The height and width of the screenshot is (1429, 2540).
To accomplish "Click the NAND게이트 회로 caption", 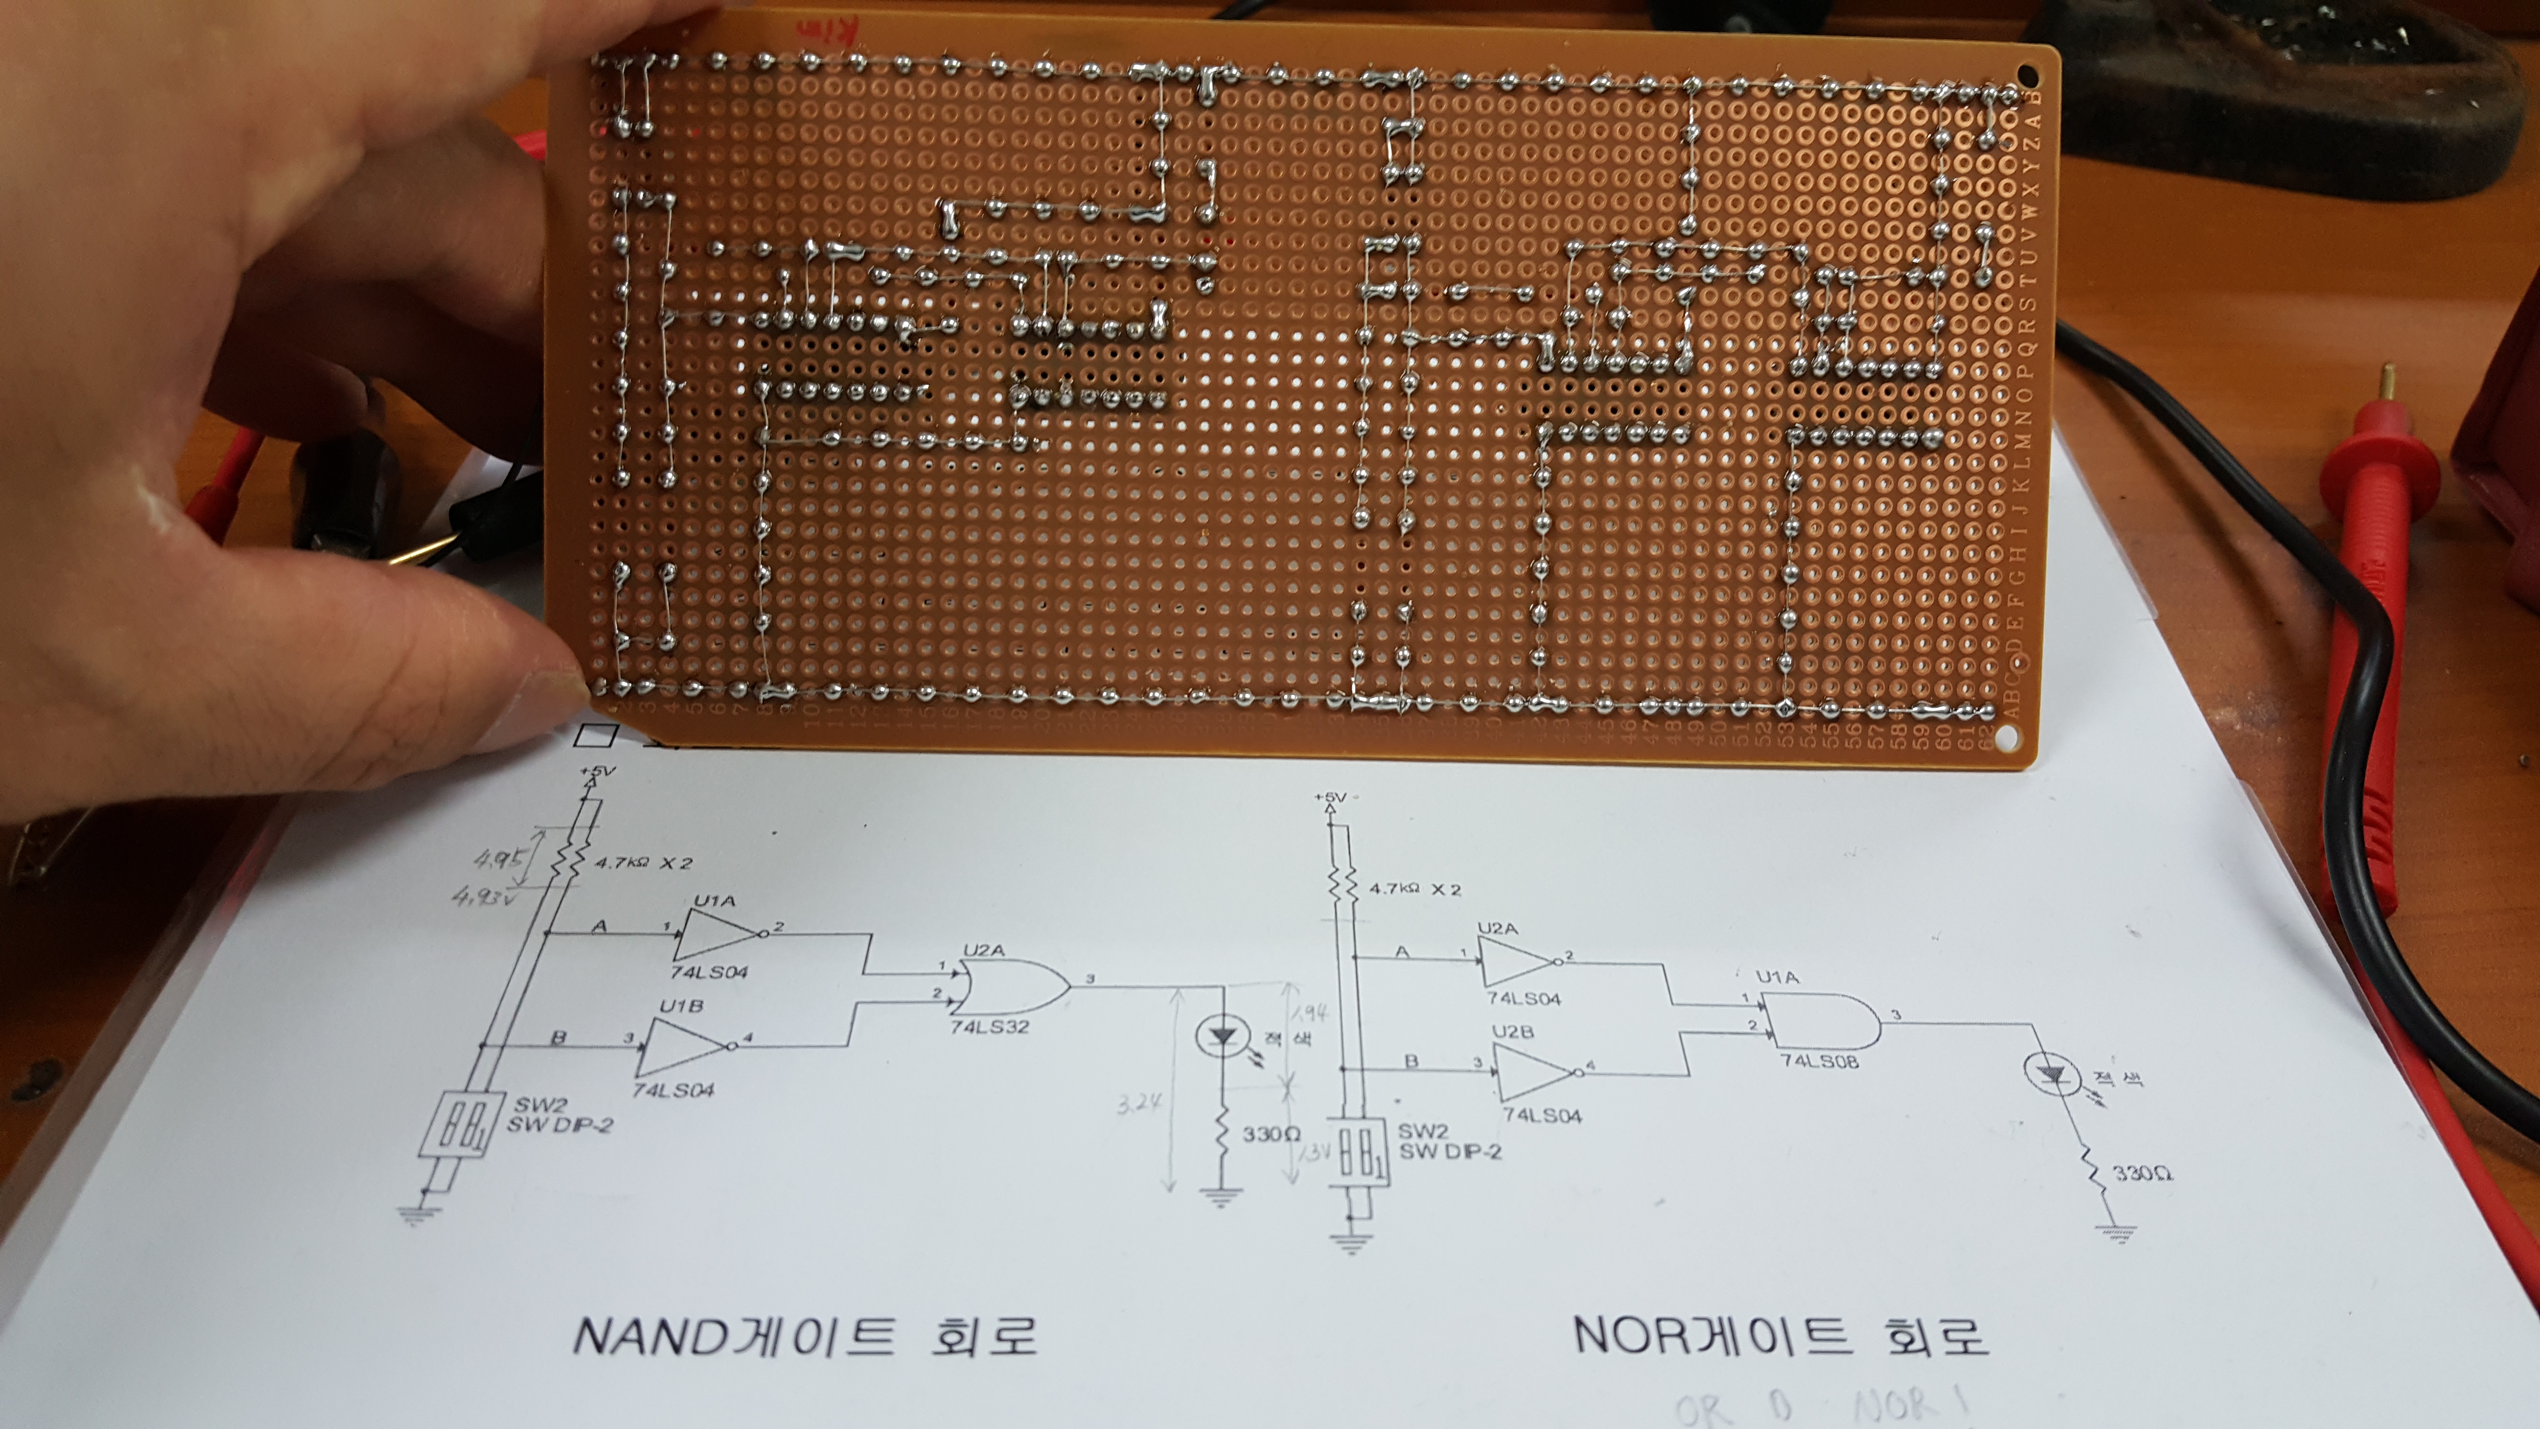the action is tap(804, 1336).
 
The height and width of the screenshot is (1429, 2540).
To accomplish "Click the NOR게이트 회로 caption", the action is tap(1780, 1336).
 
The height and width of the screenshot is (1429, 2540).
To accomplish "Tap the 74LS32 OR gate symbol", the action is tap(1011, 986).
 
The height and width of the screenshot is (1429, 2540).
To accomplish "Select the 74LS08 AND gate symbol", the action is tap(1819, 1021).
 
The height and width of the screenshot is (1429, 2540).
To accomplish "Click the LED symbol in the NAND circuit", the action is tap(1223, 1035).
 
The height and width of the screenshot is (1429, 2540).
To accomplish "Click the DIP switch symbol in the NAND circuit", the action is tap(454, 1124).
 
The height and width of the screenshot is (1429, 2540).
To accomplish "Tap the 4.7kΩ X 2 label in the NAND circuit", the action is tap(643, 863).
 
